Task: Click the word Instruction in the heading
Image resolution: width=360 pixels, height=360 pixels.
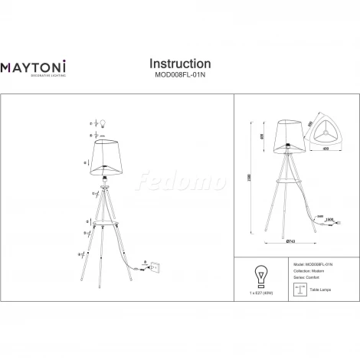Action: point(179,64)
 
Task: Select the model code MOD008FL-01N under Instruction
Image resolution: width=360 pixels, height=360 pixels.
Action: point(179,75)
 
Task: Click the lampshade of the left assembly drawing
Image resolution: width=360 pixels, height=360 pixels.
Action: point(108,156)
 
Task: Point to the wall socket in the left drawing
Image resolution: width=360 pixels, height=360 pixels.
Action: point(156,267)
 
